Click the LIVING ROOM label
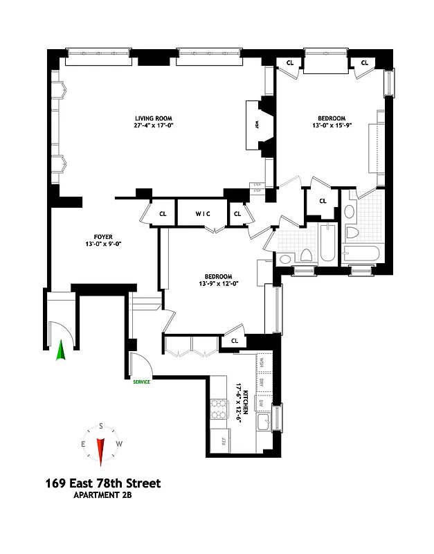(153, 118)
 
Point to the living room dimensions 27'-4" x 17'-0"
(153, 126)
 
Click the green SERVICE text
(141, 381)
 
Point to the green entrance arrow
(60, 351)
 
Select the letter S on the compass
(101, 426)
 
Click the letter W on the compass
(119, 444)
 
